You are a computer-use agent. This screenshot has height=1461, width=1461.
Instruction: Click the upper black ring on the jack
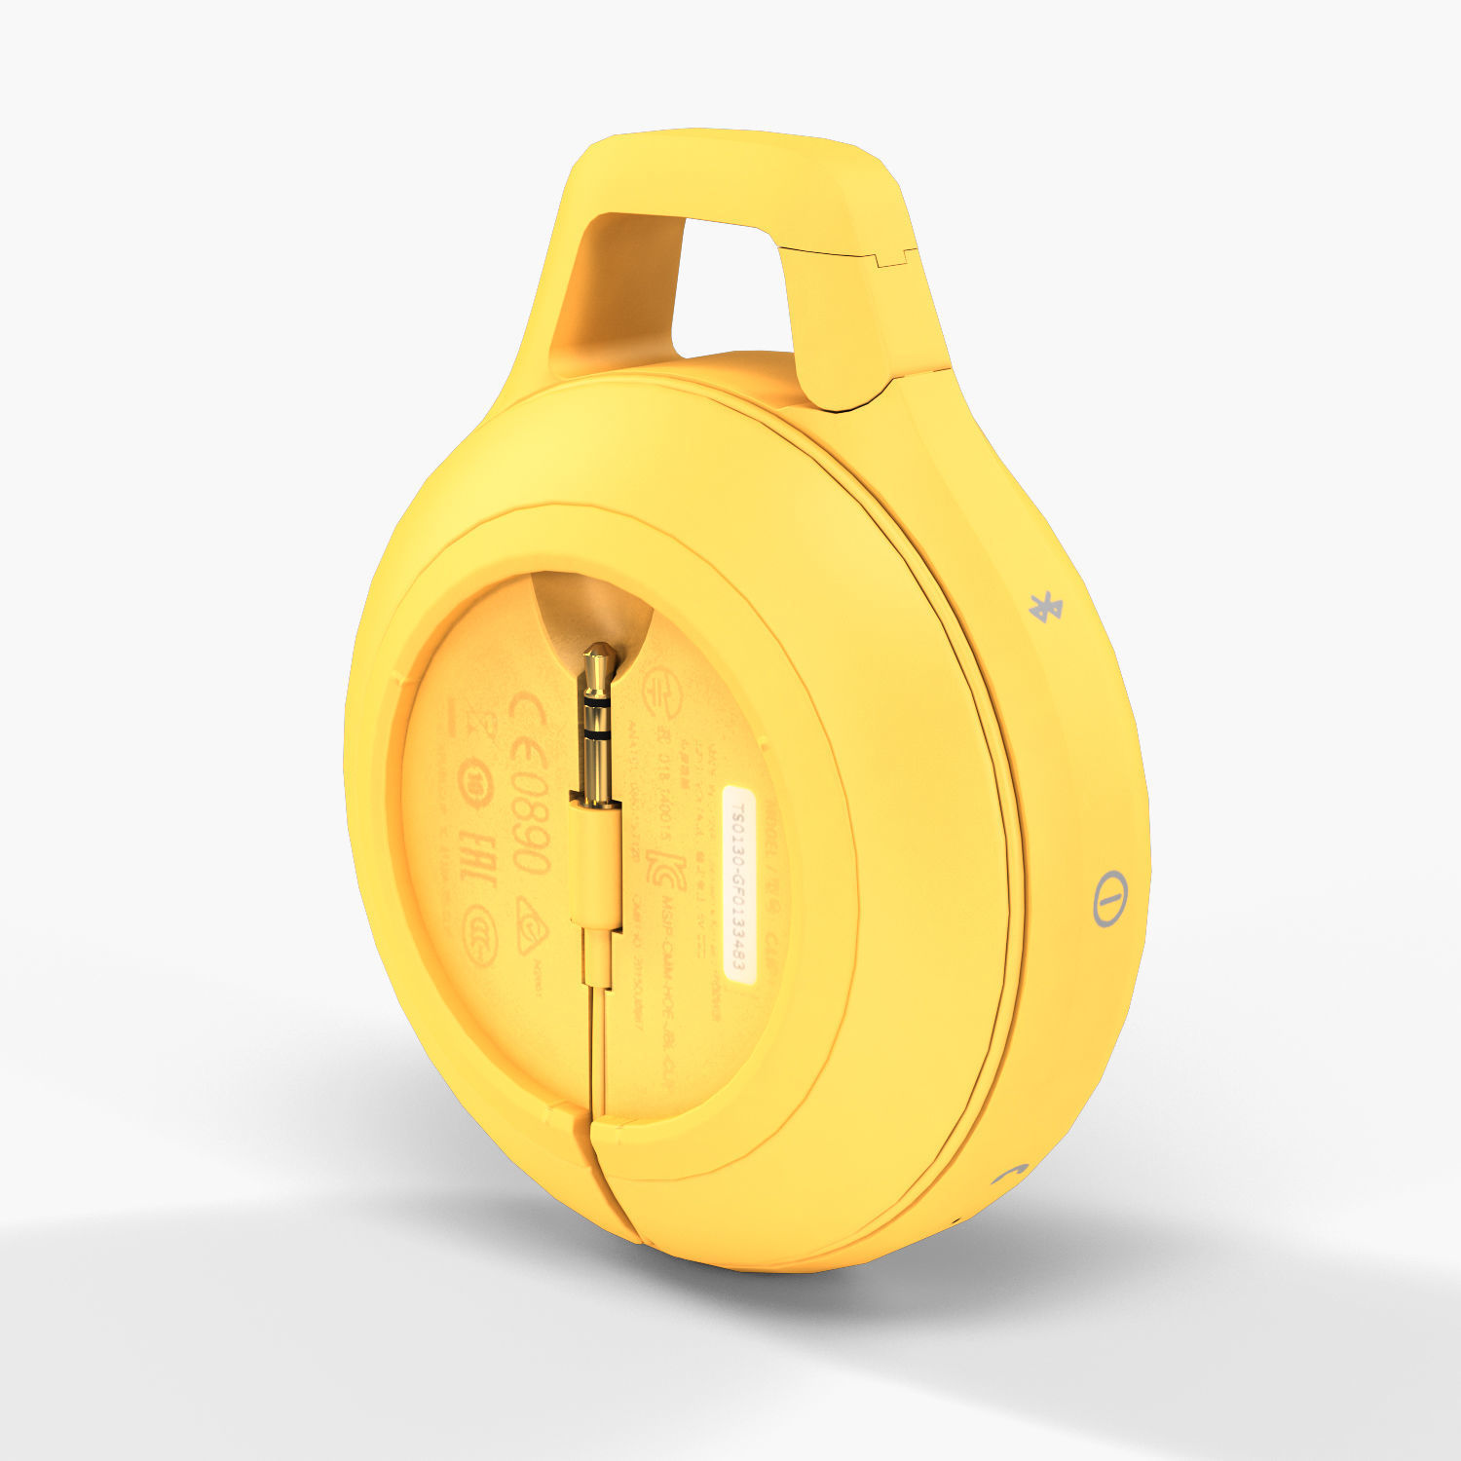[x=596, y=700]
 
